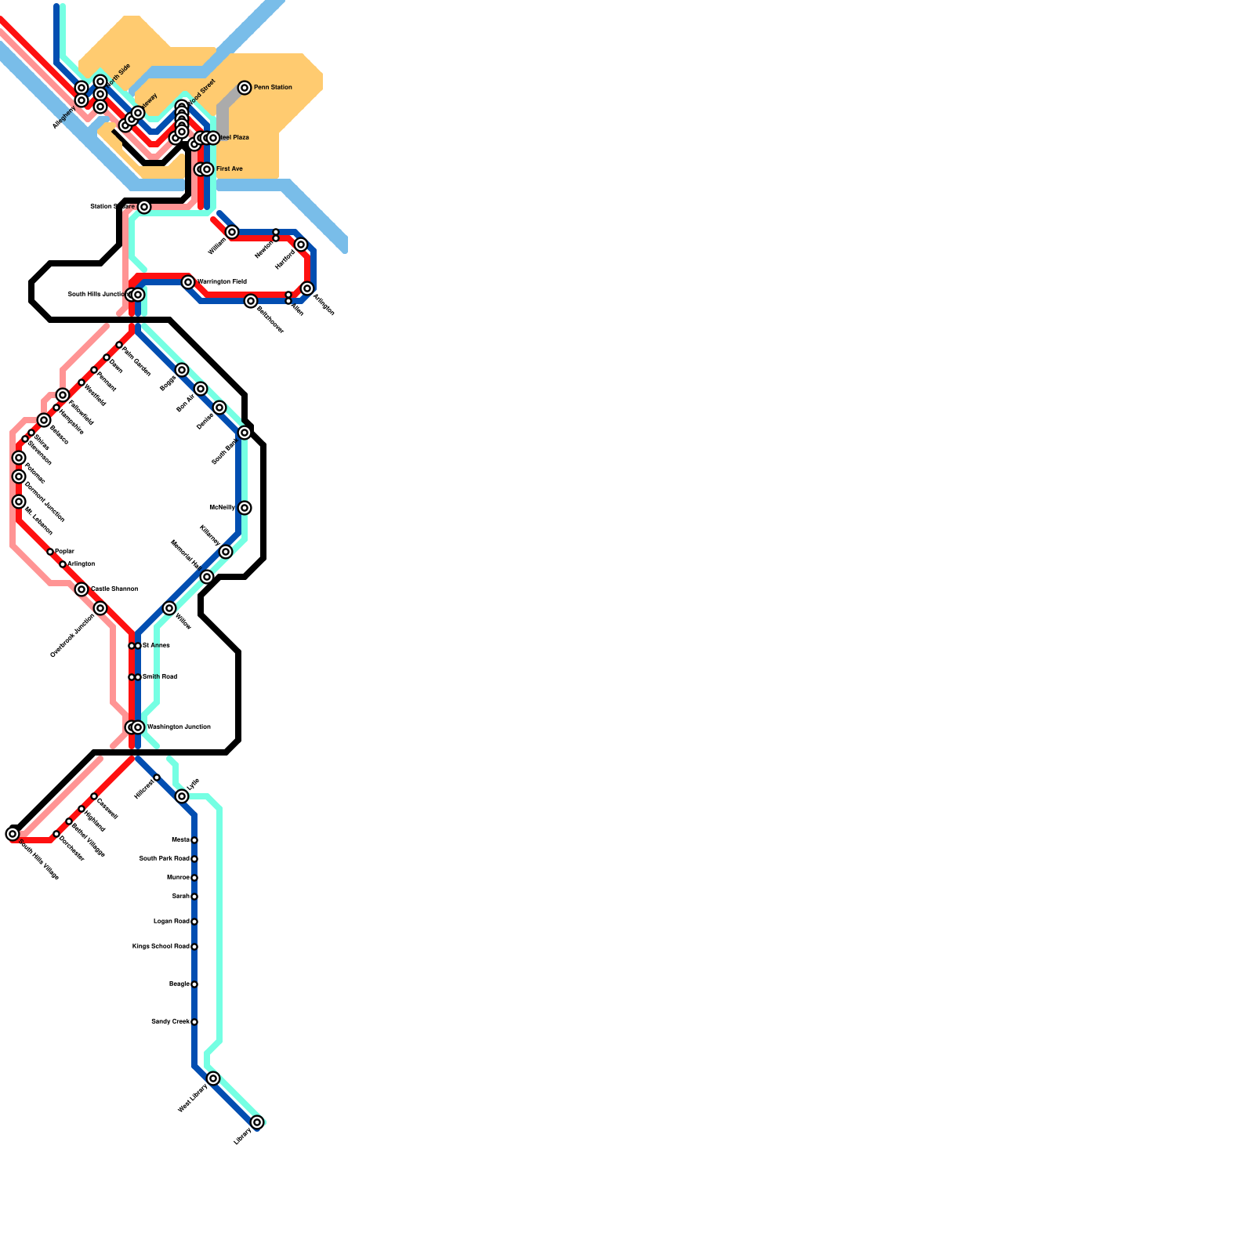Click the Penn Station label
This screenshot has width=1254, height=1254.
coord(273,87)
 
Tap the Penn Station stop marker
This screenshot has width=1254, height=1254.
coord(245,88)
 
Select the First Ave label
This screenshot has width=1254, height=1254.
coord(230,169)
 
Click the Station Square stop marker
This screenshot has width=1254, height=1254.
coord(144,207)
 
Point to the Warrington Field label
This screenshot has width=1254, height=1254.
coord(223,281)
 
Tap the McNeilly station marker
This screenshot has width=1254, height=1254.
coord(245,508)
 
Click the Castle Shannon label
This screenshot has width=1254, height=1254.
coord(114,589)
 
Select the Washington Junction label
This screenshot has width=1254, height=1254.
coord(179,727)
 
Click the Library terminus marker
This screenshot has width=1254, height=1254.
coord(257,1122)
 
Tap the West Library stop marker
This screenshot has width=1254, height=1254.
coord(213,1078)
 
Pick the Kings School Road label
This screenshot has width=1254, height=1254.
coord(161,946)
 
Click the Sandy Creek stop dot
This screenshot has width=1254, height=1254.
coord(194,1022)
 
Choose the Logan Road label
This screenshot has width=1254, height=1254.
coord(171,921)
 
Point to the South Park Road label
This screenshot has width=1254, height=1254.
coord(164,858)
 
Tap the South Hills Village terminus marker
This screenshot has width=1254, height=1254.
coord(13,834)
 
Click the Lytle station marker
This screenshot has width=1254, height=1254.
coord(182,796)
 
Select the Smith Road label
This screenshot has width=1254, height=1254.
coord(160,676)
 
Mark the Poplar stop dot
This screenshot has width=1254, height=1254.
coord(50,552)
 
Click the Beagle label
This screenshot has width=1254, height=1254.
coord(179,984)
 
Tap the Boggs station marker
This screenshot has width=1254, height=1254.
coord(182,370)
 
